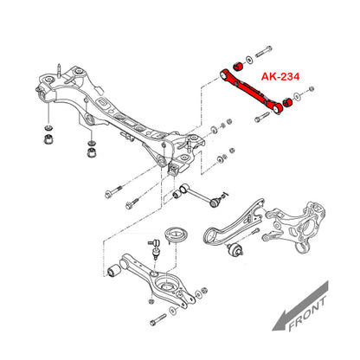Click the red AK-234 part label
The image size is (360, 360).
(x=280, y=76)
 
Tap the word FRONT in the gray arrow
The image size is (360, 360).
(x=307, y=313)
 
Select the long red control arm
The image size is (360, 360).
(x=252, y=91)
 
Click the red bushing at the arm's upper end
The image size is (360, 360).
(x=238, y=66)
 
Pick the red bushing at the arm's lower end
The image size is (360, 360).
(x=288, y=101)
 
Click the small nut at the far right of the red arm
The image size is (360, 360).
(x=311, y=88)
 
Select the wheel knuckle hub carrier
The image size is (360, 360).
(x=296, y=227)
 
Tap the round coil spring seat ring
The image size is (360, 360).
(x=176, y=235)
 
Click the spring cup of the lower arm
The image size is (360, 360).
(x=166, y=283)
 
